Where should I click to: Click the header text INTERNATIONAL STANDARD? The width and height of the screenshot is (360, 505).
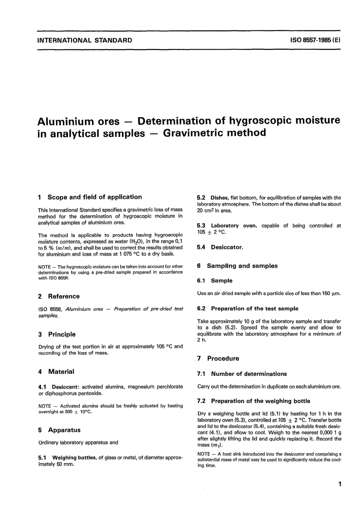85,40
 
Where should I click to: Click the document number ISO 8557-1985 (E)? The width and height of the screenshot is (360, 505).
315,40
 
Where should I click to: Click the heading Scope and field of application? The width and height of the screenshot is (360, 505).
94,197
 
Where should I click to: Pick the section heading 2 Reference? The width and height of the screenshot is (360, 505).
59,296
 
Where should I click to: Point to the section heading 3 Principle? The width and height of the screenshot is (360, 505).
57,334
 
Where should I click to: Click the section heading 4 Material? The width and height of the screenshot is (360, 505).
56,372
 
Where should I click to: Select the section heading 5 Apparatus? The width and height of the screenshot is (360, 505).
59,430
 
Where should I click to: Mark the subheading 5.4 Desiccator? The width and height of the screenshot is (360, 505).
220,247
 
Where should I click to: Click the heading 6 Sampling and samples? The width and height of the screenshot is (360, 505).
238,266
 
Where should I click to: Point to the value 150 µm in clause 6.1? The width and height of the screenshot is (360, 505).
331,293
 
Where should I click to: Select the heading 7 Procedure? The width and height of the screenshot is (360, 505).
219,358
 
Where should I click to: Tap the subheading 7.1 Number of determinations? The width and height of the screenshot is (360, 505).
242,374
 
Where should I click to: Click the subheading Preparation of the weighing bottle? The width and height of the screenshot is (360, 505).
260,401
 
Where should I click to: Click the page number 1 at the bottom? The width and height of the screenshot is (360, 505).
340,484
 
